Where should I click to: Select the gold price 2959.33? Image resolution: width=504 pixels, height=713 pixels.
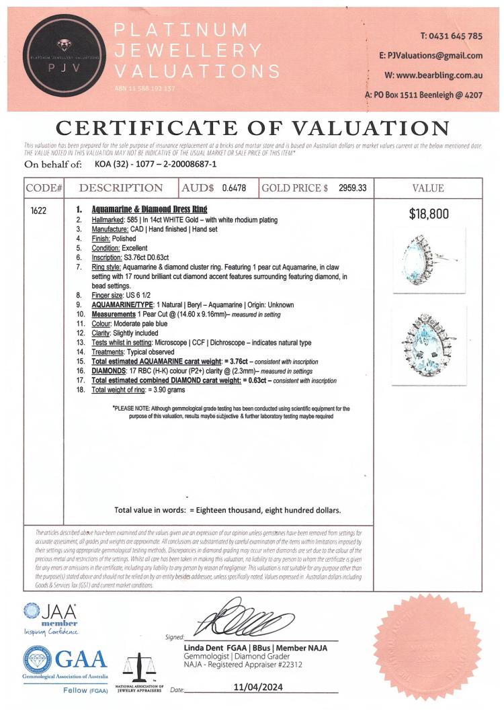351,189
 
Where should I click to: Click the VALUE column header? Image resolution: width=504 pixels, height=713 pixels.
427,189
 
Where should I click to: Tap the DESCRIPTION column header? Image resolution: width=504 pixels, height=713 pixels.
121,189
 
